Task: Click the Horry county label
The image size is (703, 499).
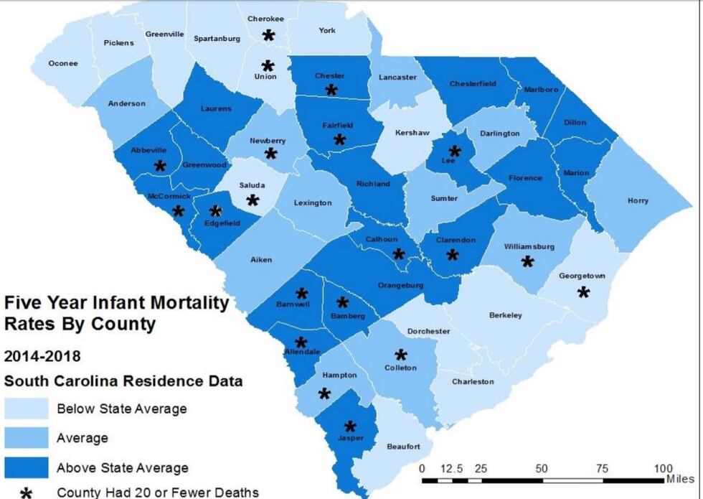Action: pyautogui.click(x=638, y=201)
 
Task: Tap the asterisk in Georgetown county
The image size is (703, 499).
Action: pyautogui.click(x=583, y=292)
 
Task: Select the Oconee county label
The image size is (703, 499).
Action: pyautogui.click(x=62, y=63)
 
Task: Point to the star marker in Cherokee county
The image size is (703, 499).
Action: pyautogui.click(x=268, y=35)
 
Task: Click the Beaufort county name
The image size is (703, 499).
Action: pyautogui.click(x=403, y=447)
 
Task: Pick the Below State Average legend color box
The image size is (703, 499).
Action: pyautogui.click(x=27, y=409)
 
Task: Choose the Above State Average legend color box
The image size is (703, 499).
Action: pyautogui.click(x=27, y=468)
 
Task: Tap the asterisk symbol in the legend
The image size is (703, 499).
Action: pyautogui.click(x=27, y=493)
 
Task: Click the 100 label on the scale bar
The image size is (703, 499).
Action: pyautogui.click(x=664, y=469)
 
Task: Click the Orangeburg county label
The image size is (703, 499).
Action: pyautogui.click(x=400, y=285)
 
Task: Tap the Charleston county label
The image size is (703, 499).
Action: pyautogui.click(x=472, y=381)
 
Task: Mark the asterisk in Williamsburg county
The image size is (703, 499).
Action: pyautogui.click(x=527, y=262)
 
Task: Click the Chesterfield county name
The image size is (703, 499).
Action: pyautogui.click(x=473, y=84)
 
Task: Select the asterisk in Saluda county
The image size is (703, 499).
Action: pyautogui.click(x=253, y=200)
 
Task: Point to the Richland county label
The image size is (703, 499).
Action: pyautogui.click(x=373, y=184)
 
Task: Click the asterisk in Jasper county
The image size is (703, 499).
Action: pyautogui.click(x=350, y=426)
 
